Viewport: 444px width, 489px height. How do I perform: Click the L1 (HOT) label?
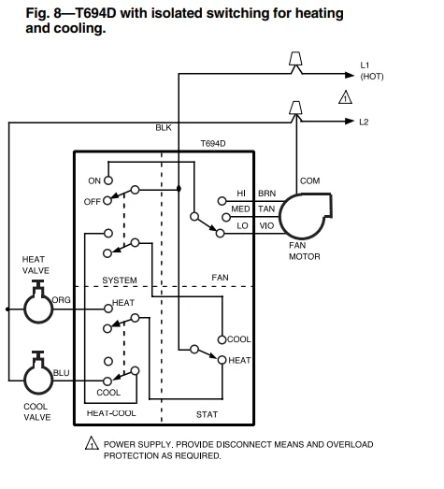(371, 70)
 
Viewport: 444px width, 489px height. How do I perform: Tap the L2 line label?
(365, 122)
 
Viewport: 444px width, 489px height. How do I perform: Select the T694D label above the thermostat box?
(214, 144)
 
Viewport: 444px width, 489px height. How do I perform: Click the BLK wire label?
(164, 127)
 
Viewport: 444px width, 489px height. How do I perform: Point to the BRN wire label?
(266, 194)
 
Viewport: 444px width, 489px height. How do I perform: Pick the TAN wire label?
(266, 209)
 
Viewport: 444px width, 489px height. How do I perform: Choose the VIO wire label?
(266, 225)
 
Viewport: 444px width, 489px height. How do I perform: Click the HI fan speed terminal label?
(241, 194)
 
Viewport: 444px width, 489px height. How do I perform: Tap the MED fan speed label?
(240, 209)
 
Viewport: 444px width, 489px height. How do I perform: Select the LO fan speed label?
(241, 225)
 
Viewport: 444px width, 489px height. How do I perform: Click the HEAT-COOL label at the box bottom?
(111, 412)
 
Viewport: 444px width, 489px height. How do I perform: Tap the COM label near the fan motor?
(309, 180)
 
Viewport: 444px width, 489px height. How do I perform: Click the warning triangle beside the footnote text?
(92, 444)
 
